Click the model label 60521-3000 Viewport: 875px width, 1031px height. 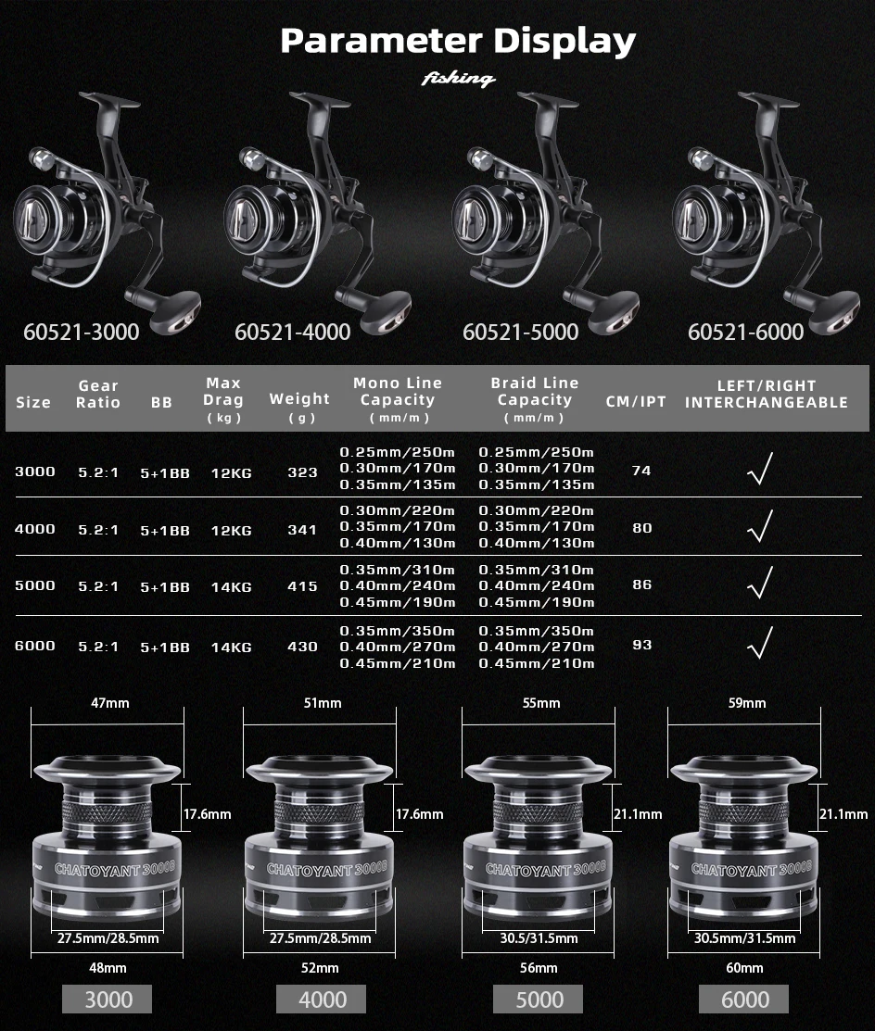click(82, 332)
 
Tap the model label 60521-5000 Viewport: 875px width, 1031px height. click(520, 332)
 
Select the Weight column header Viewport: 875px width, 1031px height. click(300, 407)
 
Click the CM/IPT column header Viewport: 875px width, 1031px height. click(636, 402)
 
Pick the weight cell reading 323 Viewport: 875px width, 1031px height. click(302, 472)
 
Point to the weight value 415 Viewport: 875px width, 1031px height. click(302, 585)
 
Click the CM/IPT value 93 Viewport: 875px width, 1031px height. click(642, 645)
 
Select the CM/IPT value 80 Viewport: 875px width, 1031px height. click(642, 527)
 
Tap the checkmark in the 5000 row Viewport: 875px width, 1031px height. click(760, 583)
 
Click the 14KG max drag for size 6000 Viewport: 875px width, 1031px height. click(232, 647)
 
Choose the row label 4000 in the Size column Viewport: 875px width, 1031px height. click(35, 529)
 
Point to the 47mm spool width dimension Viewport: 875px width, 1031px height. click(110, 703)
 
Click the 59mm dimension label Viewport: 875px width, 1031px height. click(747, 703)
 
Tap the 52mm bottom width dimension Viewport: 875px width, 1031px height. click(320, 968)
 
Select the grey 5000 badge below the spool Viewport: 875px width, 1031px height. click(539, 999)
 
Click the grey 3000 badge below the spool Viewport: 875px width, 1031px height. click(108, 999)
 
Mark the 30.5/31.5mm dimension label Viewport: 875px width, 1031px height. click(539, 938)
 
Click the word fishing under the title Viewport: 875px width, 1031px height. click(458, 79)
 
